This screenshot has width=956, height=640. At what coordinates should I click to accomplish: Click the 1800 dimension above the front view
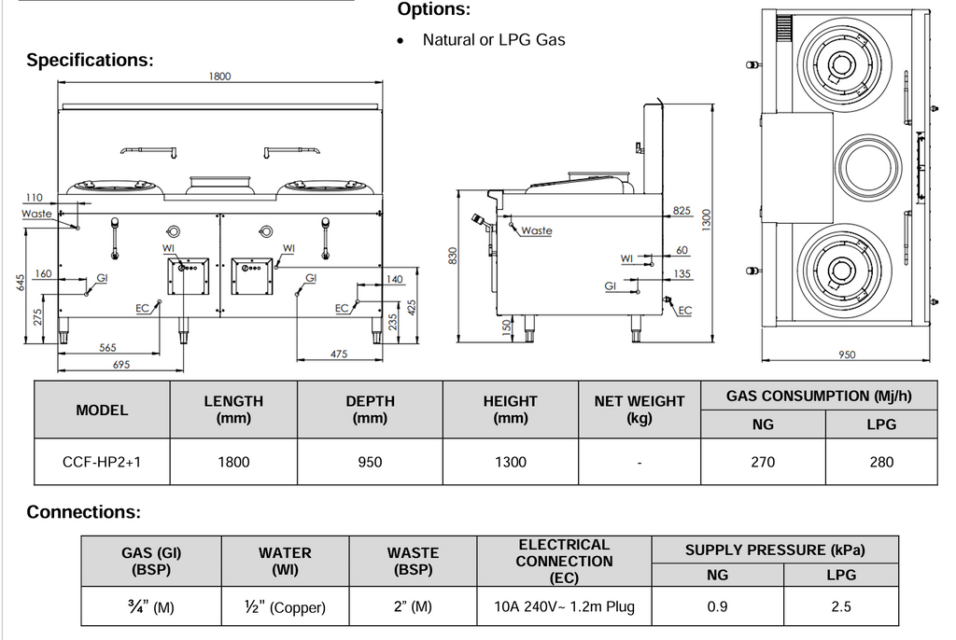[220, 77]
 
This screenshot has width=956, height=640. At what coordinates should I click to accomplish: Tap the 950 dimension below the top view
[846, 355]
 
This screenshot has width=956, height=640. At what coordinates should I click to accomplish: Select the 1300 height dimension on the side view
[707, 219]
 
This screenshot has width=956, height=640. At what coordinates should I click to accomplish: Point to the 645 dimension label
[21, 283]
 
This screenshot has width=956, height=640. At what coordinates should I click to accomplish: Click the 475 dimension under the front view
[339, 354]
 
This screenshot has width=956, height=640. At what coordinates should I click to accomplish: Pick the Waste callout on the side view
[537, 230]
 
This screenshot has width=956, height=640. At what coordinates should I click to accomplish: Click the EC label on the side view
[684, 311]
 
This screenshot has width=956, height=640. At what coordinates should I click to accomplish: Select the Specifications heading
[90, 60]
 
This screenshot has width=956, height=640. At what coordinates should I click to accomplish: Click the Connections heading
[83, 511]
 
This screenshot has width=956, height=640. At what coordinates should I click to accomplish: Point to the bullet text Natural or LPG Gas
[494, 39]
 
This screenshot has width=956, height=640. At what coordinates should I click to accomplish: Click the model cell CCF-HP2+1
[102, 462]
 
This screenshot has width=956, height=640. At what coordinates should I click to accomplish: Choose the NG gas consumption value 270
[763, 462]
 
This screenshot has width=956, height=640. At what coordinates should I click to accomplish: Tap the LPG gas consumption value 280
[881, 462]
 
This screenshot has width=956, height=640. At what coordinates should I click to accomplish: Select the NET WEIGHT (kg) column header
[640, 410]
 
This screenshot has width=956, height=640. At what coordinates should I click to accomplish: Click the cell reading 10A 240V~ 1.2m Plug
[564, 606]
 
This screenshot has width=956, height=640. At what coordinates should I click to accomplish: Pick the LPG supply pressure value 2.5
[841, 606]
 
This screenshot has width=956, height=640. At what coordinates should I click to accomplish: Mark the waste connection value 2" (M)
[413, 606]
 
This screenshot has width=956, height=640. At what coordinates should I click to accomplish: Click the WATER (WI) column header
[285, 561]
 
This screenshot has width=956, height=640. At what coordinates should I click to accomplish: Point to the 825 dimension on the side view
[682, 210]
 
